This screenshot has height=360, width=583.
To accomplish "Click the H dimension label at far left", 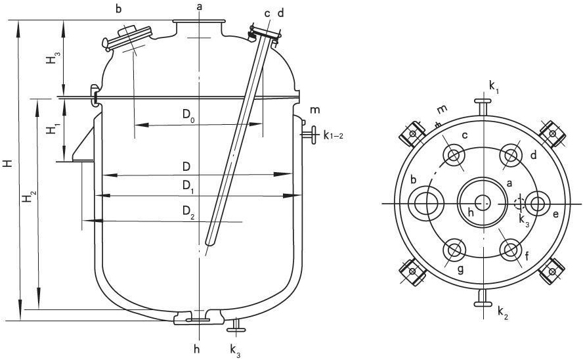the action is click(7, 163).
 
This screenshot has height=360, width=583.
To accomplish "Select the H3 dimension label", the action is click(53, 58).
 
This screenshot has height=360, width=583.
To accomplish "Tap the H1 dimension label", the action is click(53, 129).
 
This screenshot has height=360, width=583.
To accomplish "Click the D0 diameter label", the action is click(188, 115).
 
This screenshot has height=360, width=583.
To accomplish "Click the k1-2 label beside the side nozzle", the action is click(333, 136).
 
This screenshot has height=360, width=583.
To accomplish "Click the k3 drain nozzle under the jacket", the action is click(236, 325).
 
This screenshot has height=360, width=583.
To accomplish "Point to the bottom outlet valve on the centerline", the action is click(198, 318).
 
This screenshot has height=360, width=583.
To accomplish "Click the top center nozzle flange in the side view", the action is click(199, 22).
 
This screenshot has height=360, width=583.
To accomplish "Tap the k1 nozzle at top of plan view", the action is click(483, 107).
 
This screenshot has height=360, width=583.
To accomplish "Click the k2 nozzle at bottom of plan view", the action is click(483, 298).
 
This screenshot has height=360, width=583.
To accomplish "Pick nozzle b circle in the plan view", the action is click(426, 204).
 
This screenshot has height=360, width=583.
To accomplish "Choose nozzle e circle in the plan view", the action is click(538, 204).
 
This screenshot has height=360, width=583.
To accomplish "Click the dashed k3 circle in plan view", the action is click(519, 204).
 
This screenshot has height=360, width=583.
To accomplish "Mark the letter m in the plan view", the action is click(442, 110).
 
